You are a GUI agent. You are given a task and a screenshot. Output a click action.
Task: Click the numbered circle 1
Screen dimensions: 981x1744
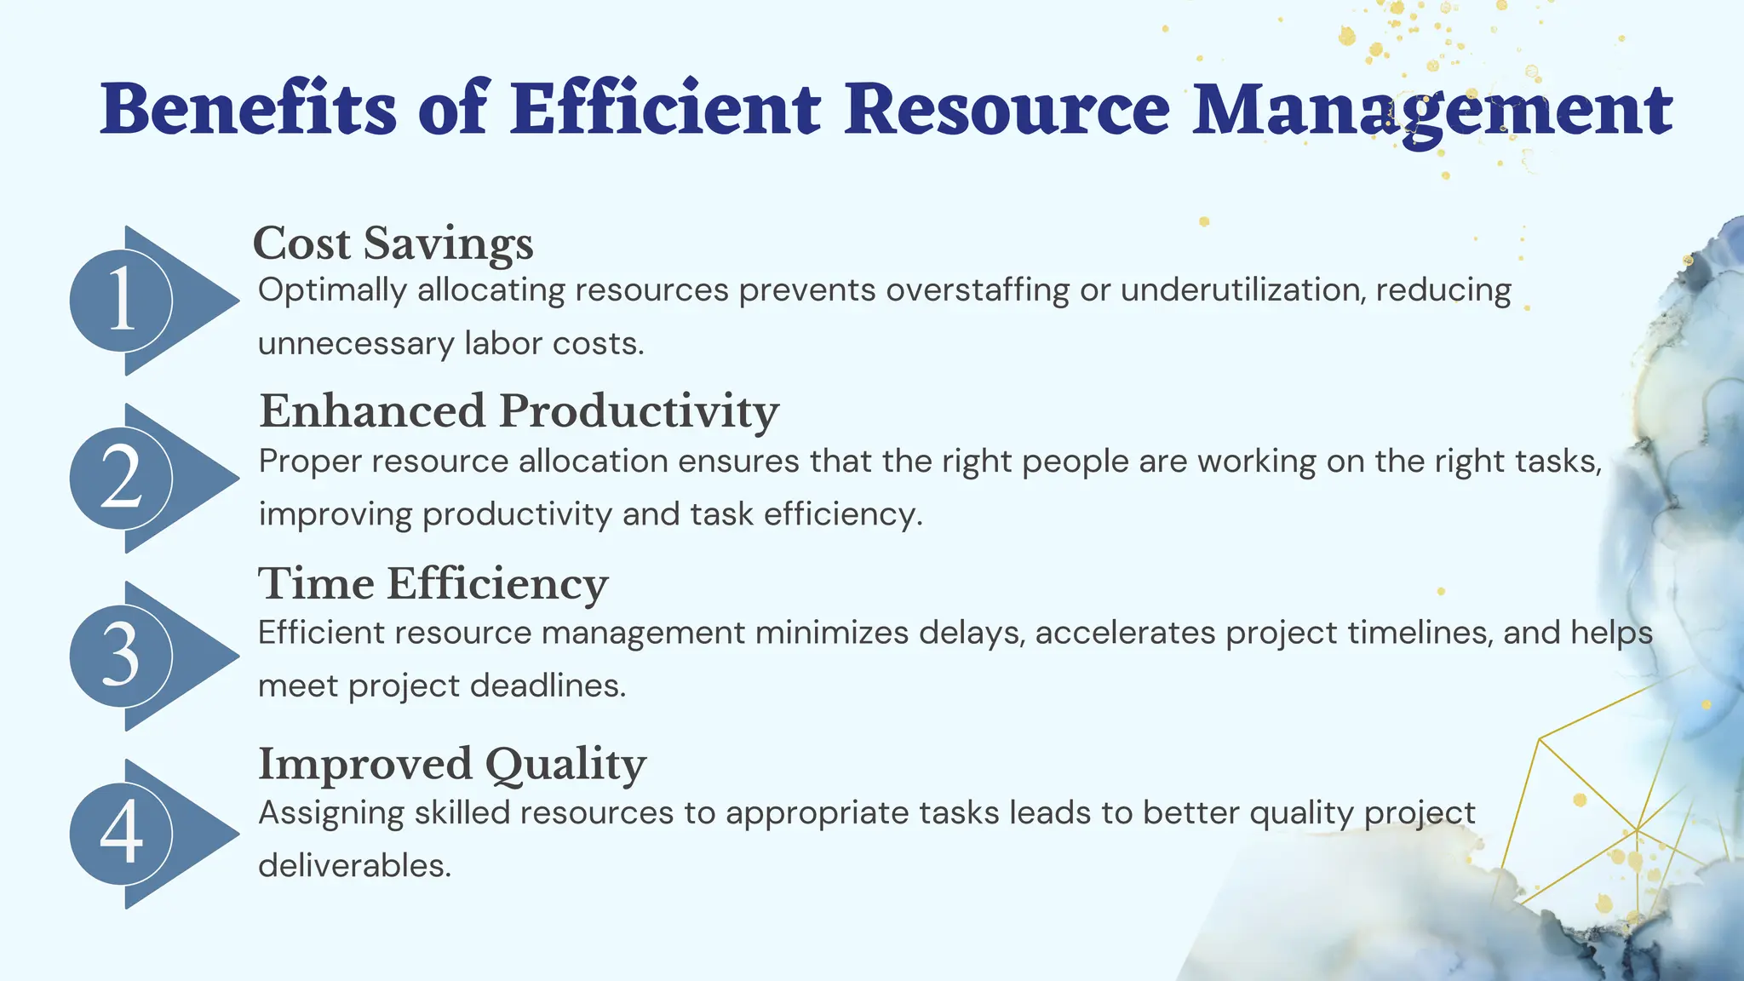point(121,301)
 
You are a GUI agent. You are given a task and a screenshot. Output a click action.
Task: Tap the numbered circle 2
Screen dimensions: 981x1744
point(121,479)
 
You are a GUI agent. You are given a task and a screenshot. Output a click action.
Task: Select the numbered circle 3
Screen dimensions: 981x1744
point(121,657)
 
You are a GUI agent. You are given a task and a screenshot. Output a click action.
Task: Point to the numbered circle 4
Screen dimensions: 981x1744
point(121,834)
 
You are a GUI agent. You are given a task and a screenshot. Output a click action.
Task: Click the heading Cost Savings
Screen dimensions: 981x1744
point(393,244)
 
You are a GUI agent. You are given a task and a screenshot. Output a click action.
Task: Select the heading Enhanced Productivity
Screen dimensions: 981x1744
point(519,411)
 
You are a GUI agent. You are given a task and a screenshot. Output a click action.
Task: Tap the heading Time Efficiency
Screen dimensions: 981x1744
point(433,584)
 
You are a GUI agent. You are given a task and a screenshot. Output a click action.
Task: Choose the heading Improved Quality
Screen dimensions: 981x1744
point(452,764)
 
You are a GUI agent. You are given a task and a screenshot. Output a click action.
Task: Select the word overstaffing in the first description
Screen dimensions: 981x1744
point(978,290)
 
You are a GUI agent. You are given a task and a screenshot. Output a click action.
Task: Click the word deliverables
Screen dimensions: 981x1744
point(354,866)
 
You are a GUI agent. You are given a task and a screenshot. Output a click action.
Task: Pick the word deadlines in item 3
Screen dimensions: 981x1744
point(548,686)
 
